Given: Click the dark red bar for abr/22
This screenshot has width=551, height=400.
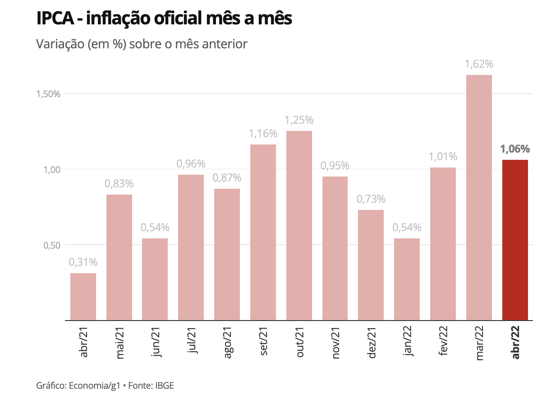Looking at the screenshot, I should (515, 240).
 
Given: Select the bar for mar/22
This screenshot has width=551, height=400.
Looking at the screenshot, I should (479, 198).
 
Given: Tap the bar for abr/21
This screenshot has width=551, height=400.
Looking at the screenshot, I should (83, 297).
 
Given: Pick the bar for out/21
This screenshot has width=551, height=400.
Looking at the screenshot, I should (299, 226).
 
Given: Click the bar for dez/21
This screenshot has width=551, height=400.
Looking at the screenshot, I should (371, 265).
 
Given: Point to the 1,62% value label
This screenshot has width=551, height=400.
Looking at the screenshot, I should (479, 65).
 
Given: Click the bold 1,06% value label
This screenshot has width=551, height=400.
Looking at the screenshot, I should (515, 149).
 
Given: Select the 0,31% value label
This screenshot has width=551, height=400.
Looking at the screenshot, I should (83, 262).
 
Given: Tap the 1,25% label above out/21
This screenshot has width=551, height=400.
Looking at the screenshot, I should (299, 121).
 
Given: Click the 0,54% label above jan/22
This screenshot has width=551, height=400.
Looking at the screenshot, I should (407, 228).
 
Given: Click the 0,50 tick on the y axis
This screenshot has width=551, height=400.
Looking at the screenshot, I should (51, 245).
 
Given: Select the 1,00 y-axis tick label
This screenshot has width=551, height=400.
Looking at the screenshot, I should (51, 170).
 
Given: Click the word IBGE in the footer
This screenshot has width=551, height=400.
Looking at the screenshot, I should (165, 386).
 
